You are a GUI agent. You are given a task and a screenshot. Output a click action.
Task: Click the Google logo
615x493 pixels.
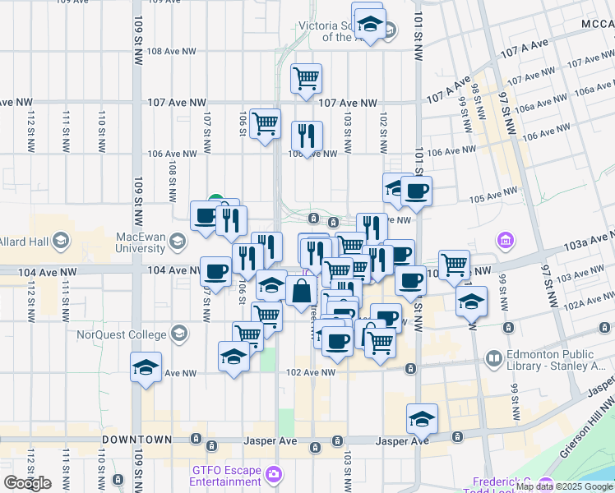tap(27, 483)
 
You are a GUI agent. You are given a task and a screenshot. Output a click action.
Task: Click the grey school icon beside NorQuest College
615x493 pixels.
tap(178, 334)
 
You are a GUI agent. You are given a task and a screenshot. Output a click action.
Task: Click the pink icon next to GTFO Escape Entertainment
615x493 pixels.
tap(273, 474)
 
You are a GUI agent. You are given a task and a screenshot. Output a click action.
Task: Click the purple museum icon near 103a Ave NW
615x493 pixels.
tap(506, 241)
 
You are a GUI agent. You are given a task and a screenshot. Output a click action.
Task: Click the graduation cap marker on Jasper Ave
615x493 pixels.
tap(422, 418)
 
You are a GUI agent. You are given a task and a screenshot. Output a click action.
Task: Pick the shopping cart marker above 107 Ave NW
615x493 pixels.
tap(306, 79)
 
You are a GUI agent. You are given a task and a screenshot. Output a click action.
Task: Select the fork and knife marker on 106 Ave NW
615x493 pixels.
tap(307, 136)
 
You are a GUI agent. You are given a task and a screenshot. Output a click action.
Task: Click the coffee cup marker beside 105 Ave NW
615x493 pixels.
tap(417, 191)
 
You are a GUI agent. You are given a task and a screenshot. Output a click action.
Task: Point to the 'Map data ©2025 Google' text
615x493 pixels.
tap(562, 486)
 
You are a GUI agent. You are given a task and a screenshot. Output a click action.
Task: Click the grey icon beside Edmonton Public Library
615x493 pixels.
tap(493, 359)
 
